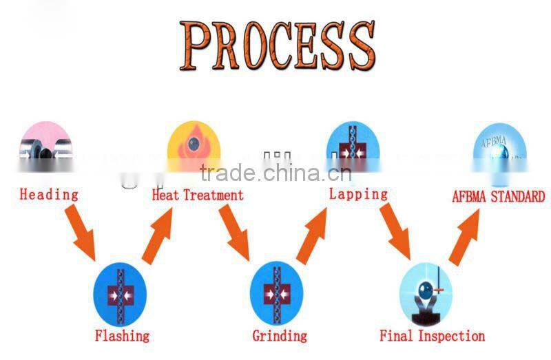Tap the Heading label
[x=48, y=195]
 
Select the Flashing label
[x=121, y=336]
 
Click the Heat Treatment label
[x=198, y=195]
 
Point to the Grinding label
[x=279, y=336]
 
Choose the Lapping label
[x=358, y=194]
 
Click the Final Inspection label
[x=433, y=336]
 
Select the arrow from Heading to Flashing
[x=81, y=235]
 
